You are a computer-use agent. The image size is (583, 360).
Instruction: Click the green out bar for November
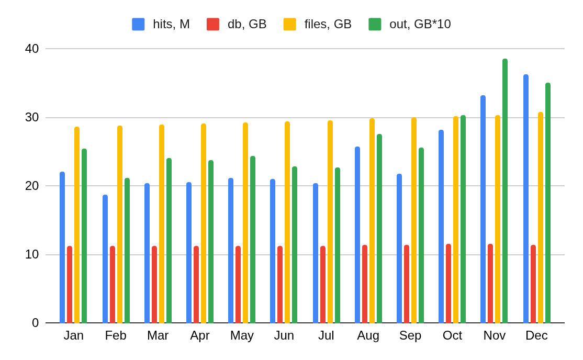click(x=505, y=191)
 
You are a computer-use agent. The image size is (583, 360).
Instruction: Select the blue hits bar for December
click(x=526, y=199)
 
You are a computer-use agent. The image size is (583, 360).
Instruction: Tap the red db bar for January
click(x=70, y=285)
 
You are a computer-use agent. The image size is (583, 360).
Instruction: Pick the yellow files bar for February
click(x=120, y=224)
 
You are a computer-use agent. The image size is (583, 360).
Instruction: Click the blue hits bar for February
click(x=105, y=259)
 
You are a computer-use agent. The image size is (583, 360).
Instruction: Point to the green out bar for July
click(x=338, y=245)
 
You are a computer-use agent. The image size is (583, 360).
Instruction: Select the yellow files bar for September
click(x=414, y=220)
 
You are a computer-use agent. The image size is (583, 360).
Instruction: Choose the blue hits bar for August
click(x=357, y=235)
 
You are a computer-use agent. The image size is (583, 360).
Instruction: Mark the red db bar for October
click(x=449, y=284)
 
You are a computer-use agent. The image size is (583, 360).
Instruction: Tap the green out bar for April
click(x=211, y=242)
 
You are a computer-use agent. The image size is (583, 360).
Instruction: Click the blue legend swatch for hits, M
click(x=138, y=24)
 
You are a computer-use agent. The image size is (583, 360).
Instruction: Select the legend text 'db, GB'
click(x=247, y=24)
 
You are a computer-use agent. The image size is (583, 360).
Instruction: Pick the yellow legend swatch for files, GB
click(x=289, y=24)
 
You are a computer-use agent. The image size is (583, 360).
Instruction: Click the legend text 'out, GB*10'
click(x=420, y=24)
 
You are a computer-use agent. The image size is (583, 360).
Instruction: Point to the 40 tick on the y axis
click(x=32, y=49)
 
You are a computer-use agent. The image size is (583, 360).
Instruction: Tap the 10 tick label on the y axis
click(x=32, y=254)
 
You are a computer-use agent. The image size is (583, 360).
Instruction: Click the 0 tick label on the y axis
click(x=35, y=323)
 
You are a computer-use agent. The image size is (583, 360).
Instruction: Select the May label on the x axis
click(x=242, y=335)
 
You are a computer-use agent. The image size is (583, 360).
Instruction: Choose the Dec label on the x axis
click(x=536, y=335)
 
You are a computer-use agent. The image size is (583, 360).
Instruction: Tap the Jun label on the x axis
click(x=284, y=335)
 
